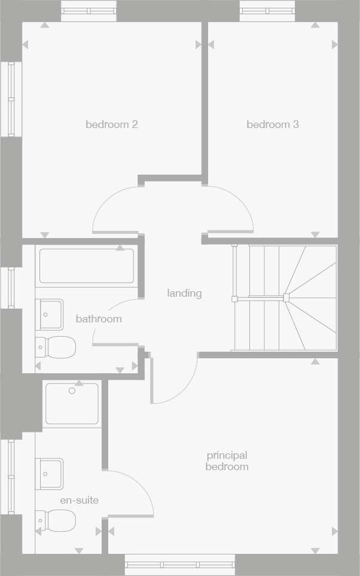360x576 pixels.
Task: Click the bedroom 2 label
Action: click(112, 124)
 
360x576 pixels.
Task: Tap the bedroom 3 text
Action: click(273, 124)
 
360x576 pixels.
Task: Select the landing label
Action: click(184, 293)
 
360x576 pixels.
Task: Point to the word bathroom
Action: click(99, 319)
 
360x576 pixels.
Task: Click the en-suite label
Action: click(79, 500)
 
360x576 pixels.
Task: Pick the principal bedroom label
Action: click(227, 461)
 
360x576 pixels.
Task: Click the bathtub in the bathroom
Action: click(87, 266)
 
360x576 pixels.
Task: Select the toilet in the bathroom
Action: click(57, 347)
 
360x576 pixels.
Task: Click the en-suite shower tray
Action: click(72, 404)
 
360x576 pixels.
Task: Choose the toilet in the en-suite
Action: click(57, 520)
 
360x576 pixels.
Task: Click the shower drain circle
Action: click(72, 391)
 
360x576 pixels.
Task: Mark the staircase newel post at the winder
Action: click(286, 297)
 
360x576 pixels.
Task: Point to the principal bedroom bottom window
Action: click(180, 564)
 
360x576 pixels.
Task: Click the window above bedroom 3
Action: click(267, 11)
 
